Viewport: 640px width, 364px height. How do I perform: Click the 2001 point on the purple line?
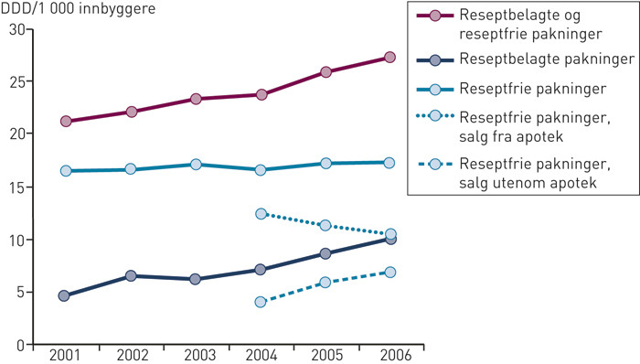pyautogui.click(x=65, y=121)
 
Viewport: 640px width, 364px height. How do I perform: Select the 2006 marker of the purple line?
pyautogui.click(x=389, y=57)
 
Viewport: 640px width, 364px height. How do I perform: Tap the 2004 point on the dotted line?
pyautogui.click(x=261, y=213)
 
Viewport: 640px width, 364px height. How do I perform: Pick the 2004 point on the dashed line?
pyautogui.click(x=261, y=301)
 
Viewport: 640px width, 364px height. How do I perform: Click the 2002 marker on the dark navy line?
pyautogui.click(x=131, y=275)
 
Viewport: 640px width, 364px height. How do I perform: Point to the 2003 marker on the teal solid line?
pyautogui.click(x=196, y=165)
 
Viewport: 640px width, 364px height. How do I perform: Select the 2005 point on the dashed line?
pyautogui.click(x=325, y=282)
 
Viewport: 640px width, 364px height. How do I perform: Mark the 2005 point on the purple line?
pyautogui.click(x=325, y=71)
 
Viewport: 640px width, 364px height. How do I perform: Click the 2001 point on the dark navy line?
pyautogui.click(x=65, y=295)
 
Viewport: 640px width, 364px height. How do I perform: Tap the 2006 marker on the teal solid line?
pyautogui.click(x=389, y=162)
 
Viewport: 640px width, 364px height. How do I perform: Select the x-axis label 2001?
pyautogui.click(x=65, y=356)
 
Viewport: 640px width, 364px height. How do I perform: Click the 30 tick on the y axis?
pyautogui.click(x=14, y=29)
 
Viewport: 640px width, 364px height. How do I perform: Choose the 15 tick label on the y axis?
pyautogui.click(x=14, y=187)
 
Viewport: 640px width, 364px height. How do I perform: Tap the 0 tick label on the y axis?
pyautogui.click(x=17, y=345)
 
